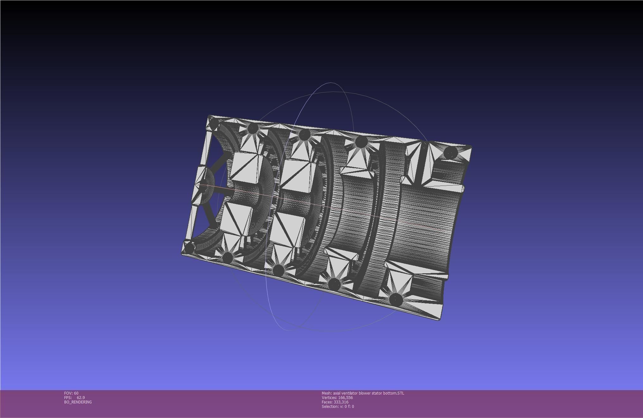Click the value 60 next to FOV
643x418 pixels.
(76, 393)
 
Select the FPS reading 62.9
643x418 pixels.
(81, 397)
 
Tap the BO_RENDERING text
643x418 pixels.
(78, 402)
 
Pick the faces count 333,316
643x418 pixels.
(341, 402)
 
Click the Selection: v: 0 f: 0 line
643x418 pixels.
(338, 406)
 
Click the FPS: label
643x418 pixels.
(68, 397)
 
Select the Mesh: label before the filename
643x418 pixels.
(327, 393)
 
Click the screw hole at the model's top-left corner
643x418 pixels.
(215, 123)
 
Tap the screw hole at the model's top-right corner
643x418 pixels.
(451, 153)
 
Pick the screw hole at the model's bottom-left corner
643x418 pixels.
(189, 247)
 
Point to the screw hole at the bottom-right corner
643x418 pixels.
(396, 300)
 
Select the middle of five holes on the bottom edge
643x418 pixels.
(278, 270)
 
